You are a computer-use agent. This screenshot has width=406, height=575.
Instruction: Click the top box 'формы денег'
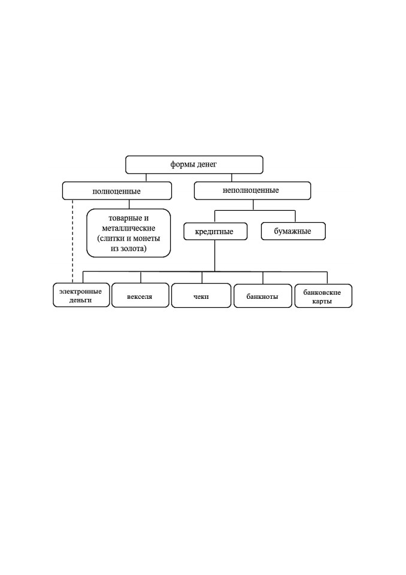(x=194, y=165)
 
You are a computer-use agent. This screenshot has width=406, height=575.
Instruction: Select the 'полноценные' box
(x=117, y=190)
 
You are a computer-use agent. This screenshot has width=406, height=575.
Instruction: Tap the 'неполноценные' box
(x=252, y=190)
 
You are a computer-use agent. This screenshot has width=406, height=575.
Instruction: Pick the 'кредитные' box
(x=216, y=231)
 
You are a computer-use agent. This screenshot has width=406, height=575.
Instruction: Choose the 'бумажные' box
(x=293, y=231)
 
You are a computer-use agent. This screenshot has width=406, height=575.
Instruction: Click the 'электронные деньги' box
(x=81, y=295)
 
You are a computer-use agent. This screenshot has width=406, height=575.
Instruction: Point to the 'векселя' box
(x=140, y=295)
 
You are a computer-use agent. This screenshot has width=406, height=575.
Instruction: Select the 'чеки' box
(x=201, y=295)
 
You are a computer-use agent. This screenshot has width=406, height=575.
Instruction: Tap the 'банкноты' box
(x=263, y=296)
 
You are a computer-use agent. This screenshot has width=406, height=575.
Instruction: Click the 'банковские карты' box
(x=323, y=296)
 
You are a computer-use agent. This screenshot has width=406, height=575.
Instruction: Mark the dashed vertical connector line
(x=72, y=241)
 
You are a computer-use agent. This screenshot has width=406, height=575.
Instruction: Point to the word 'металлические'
(x=129, y=228)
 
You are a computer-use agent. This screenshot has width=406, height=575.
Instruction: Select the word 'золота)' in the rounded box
(x=136, y=249)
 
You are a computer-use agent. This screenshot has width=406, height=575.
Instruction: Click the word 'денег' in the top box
(x=207, y=165)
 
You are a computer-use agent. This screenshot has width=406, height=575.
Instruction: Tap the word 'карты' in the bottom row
(x=322, y=301)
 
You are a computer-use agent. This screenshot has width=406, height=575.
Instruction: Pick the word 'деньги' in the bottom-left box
(x=80, y=300)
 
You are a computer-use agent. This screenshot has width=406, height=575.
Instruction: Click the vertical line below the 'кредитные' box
(x=214, y=256)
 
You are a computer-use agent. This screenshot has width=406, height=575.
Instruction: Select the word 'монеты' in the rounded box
(x=147, y=238)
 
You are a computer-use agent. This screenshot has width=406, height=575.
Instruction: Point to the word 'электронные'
(x=80, y=292)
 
